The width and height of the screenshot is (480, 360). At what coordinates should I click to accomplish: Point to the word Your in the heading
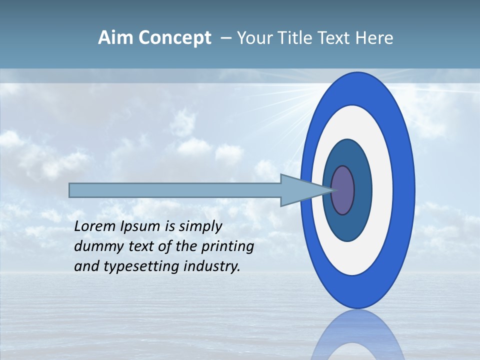(x=254, y=38)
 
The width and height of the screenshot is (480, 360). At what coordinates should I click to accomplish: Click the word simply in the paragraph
(x=200, y=226)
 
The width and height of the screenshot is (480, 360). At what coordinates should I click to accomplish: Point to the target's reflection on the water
(x=356, y=335)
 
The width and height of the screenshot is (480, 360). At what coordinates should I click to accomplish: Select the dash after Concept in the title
(x=225, y=38)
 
